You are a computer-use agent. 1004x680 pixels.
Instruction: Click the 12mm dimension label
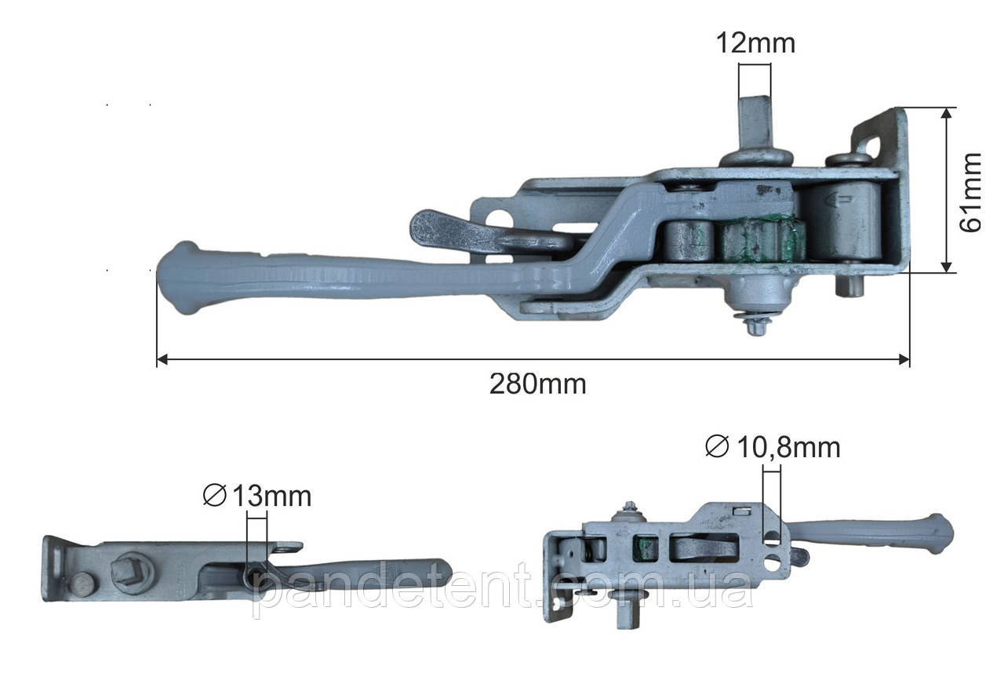[755, 43]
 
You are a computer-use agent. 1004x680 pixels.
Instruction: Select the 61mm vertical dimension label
[970, 193]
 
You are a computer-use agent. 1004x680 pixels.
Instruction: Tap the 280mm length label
[537, 384]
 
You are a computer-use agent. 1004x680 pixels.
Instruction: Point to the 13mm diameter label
[256, 496]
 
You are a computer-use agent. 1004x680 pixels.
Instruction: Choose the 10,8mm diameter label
[773, 447]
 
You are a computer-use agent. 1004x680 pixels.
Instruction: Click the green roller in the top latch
[762, 241]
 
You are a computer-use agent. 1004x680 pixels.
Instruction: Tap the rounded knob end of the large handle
[180, 278]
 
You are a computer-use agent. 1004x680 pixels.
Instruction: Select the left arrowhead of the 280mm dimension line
[162, 359]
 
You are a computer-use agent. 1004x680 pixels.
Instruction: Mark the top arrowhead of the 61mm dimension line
[946, 113]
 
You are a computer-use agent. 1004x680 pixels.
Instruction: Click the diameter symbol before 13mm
[214, 496]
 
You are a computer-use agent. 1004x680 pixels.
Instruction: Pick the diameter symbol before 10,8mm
[717, 447]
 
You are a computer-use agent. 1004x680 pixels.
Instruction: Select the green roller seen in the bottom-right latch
[645, 548]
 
